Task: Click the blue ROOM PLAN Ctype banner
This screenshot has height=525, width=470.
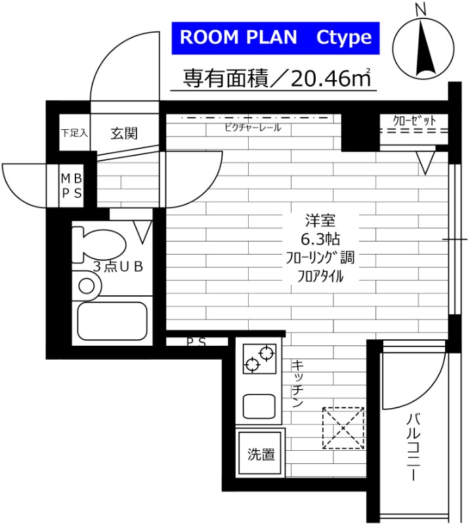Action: [276, 37]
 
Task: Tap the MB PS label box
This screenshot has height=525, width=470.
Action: [72, 185]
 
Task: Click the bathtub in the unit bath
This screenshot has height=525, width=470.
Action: [112, 322]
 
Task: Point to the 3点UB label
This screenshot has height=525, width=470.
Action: [117, 267]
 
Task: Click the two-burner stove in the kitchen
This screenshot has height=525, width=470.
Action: [259, 358]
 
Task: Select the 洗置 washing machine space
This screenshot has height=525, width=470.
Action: [261, 453]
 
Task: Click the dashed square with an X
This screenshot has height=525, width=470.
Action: [343, 428]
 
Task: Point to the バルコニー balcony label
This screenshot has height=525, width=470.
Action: [412, 446]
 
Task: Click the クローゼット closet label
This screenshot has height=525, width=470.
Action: [414, 120]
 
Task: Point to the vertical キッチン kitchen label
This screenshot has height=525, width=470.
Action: [297, 384]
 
